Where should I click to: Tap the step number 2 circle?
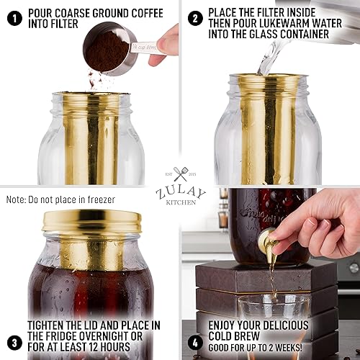[x=194, y=15]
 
